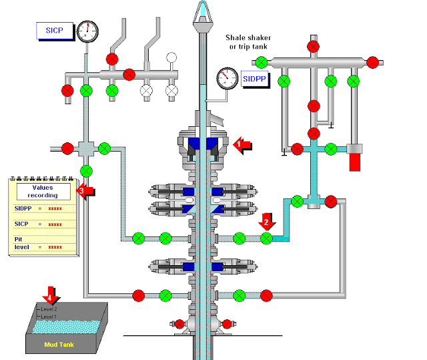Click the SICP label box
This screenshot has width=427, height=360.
click(53, 30)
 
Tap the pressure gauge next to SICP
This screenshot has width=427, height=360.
click(87, 31)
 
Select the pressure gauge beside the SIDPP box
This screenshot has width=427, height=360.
click(228, 78)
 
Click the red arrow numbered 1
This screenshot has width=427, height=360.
click(244, 144)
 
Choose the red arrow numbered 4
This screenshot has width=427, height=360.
click(51, 294)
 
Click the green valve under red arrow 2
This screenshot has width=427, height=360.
click(266, 237)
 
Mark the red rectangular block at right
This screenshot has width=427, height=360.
click(354, 161)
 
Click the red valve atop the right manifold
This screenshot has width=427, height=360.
click(313, 46)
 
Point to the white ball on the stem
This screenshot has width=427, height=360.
click(171, 57)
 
